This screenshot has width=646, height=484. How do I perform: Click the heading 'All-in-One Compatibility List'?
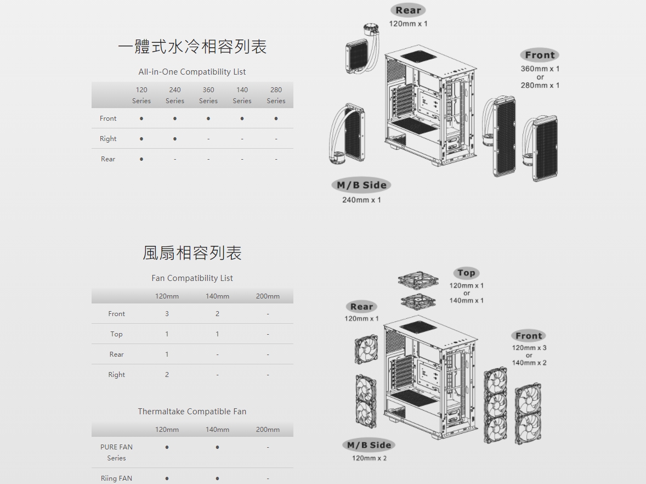[192, 72]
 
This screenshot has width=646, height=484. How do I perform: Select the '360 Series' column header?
[208, 95]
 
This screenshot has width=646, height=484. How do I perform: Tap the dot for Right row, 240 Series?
[175, 139]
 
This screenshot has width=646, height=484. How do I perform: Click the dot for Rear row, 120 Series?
[141, 159]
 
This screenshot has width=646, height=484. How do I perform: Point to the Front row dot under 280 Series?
[276, 119]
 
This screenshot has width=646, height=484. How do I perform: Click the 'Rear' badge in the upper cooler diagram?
[409, 10]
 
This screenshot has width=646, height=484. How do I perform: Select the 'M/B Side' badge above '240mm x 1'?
[361, 185]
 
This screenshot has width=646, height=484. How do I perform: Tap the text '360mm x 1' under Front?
[540, 69]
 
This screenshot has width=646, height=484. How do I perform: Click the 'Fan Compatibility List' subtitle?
[192, 278]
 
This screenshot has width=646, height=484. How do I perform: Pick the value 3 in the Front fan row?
[167, 314]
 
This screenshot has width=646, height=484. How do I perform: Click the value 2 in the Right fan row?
[167, 375]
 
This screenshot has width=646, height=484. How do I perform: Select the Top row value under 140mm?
[217, 334]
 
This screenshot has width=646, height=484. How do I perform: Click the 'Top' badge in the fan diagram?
[466, 273]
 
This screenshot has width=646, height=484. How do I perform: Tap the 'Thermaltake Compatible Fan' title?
[192, 412]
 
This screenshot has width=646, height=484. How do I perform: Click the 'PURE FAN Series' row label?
[117, 452]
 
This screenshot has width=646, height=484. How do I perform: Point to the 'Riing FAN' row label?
[117, 478]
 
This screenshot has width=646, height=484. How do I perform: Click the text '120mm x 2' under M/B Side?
[369, 458]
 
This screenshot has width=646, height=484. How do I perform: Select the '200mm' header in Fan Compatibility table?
[268, 296]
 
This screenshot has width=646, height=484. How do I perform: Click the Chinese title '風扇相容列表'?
[192, 253]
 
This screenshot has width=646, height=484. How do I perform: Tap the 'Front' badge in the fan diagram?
[529, 336]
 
